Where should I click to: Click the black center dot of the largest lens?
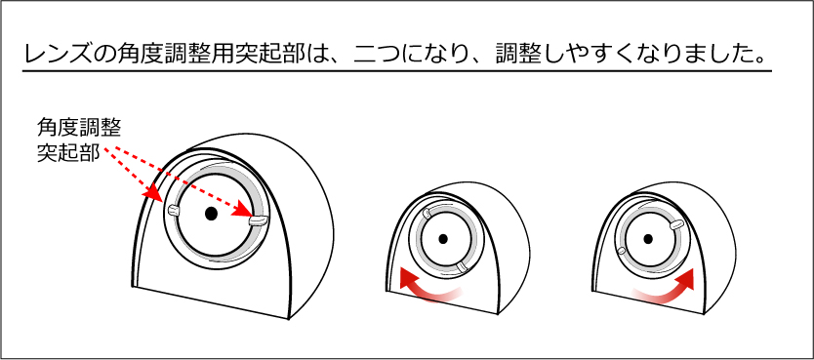pos(210,214)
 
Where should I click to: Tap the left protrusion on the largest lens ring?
pos(173,210)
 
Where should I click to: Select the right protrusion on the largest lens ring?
pos(258,220)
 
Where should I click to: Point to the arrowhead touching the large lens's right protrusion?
pos(243,212)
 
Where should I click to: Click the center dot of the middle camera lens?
pos(443,239)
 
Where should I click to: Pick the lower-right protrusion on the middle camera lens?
pos(462,267)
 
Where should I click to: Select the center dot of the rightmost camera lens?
pos(648,239)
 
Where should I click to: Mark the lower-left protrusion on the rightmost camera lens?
pos(621,251)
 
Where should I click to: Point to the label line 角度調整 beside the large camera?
pos(79,128)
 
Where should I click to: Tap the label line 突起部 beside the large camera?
pos(68,154)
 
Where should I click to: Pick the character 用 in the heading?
pos(231,54)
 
